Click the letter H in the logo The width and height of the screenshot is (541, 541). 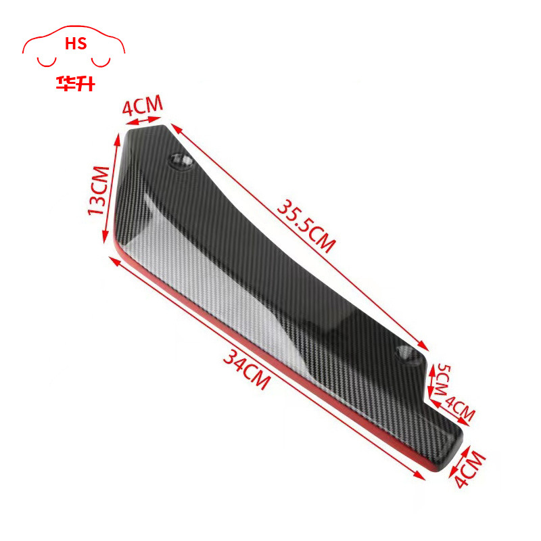pyautogui.click(x=70, y=45)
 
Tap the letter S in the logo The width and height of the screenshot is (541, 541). pyautogui.click(x=81, y=45)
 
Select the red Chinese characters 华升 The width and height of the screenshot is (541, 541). pyautogui.click(x=74, y=84)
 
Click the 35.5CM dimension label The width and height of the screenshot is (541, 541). pyautogui.click(x=305, y=224)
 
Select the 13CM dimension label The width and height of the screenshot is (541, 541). pyautogui.click(x=99, y=190)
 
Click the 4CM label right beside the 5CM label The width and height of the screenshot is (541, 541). pyautogui.click(x=460, y=410)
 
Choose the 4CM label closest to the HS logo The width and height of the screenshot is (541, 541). pyautogui.click(x=142, y=106)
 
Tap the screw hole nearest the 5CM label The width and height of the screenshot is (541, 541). pyautogui.click(x=406, y=353)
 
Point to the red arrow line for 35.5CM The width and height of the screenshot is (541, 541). pyautogui.click(x=298, y=237)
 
